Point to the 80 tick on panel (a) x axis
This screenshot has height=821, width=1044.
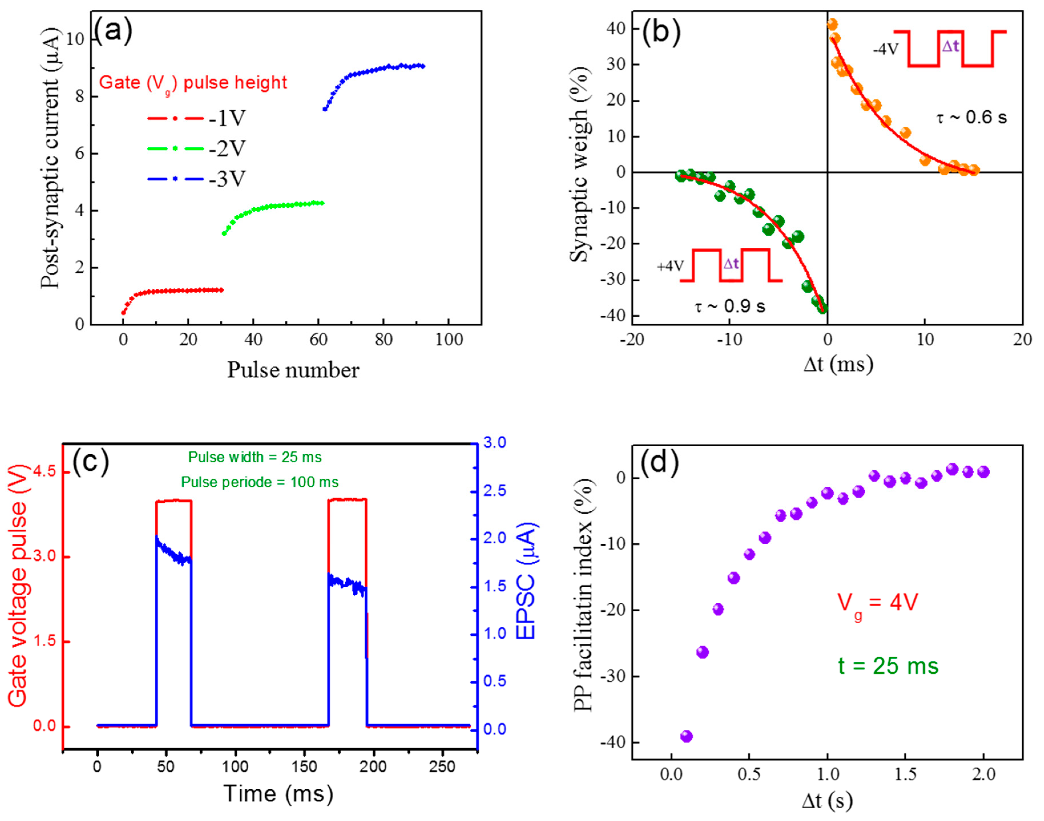(x=383, y=339)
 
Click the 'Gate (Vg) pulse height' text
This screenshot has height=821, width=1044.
(x=193, y=83)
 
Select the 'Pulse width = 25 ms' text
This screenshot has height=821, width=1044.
(x=255, y=457)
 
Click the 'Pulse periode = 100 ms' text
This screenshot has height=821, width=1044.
(x=260, y=482)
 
